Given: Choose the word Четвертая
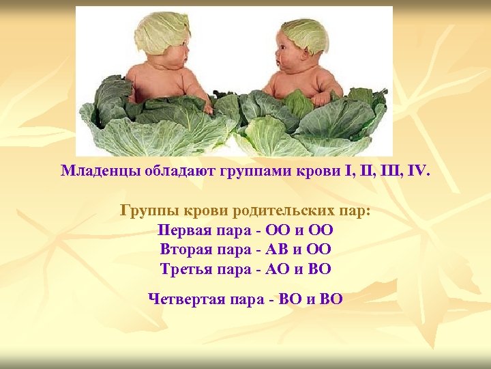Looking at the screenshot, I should tap(185, 299).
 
